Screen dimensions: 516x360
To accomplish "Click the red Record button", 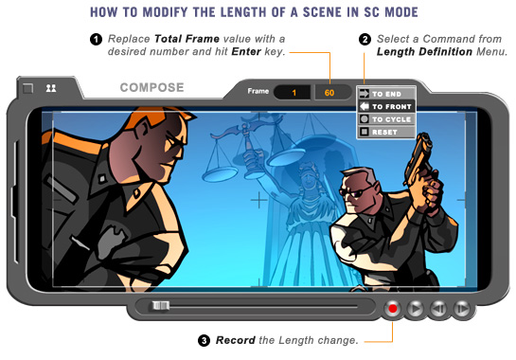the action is click(x=392, y=309).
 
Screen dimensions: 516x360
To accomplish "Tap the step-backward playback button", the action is click(x=438, y=309).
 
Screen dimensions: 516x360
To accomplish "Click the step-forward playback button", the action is click(x=462, y=309).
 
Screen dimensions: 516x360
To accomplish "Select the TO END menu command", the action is click(x=386, y=94).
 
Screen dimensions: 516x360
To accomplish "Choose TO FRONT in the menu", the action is click(x=386, y=106).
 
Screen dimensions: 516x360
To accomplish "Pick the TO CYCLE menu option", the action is click(x=386, y=119).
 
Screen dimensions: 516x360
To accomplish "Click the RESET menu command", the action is click(x=386, y=132).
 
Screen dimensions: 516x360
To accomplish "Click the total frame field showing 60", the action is click(x=330, y=93).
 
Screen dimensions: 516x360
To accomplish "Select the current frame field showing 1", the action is click(x=293, y=93).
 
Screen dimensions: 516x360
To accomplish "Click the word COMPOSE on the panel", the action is click(x=152, y=87).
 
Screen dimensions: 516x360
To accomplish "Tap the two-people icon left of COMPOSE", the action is click(x=51, y=88).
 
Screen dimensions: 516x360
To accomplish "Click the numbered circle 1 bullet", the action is click(x=96, y=40).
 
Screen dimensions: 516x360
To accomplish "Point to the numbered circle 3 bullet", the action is click(x=204, y=340).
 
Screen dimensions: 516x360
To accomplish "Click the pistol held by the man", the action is click(x=418, y=156).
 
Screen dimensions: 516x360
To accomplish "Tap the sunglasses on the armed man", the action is click(x=356, y=192).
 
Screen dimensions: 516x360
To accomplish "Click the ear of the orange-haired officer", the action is click(x=142, y=131).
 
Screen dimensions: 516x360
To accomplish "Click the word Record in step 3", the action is click(x=236, y=340).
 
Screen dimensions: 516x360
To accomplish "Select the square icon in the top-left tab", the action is click(x=28, y=88).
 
